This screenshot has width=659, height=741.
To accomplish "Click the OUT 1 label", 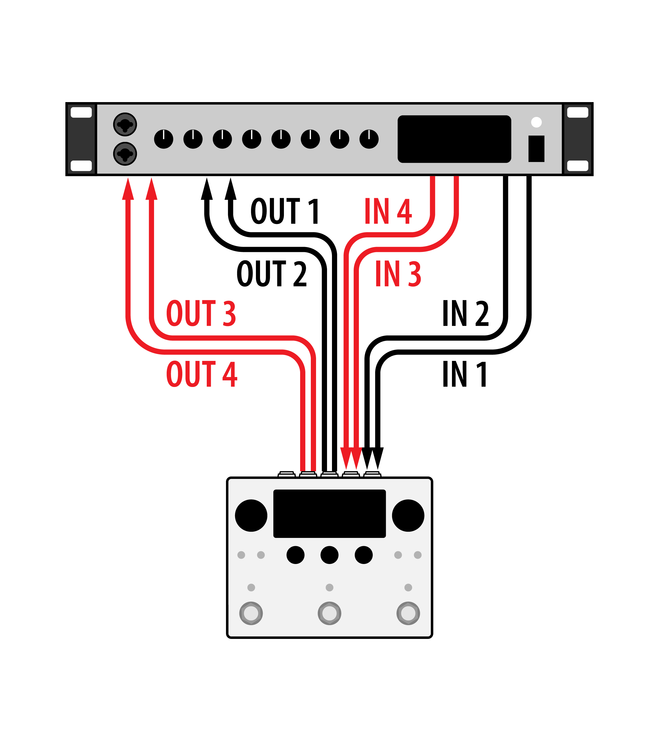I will click(285, 211).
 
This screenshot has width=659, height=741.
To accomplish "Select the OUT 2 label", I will click(272, 274).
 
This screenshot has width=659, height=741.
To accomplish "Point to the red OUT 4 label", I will click(202, 374).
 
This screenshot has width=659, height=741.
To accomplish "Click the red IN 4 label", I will click(388, 211).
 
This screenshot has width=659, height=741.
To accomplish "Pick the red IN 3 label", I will click(398, 274).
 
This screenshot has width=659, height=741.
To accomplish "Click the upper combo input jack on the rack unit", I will click(125, 124).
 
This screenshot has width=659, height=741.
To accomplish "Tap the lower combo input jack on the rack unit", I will click(125, 154).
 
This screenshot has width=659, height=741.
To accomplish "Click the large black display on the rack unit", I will click(454, 139).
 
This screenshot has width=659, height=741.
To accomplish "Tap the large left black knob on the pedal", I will click(251, 515).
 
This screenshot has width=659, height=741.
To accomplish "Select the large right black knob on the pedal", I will click(408, 515).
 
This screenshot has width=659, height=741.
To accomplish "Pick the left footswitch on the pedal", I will click(251, 613).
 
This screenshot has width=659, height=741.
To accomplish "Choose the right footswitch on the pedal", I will click(408, 613).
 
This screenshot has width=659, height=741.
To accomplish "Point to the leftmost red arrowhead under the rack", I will click(128, 189).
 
